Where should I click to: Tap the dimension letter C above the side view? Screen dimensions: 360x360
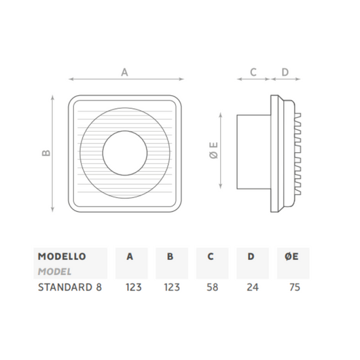coord(253,71)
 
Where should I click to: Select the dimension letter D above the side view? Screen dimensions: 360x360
coord(285,71)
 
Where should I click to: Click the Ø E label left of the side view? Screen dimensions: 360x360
coord(213,150)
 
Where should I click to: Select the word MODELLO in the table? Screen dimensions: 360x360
coord(62,257)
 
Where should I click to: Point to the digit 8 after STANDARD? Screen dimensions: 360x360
coord(99,287)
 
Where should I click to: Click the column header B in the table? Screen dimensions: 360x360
coord(170,257)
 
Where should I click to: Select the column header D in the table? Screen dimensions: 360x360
coord(251,257)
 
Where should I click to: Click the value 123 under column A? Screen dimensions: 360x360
coord(132,287)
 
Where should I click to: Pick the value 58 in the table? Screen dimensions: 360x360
coord(212,287)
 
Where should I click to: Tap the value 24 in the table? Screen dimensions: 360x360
coord(252,287)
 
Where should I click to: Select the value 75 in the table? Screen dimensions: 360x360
coord(293,287)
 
